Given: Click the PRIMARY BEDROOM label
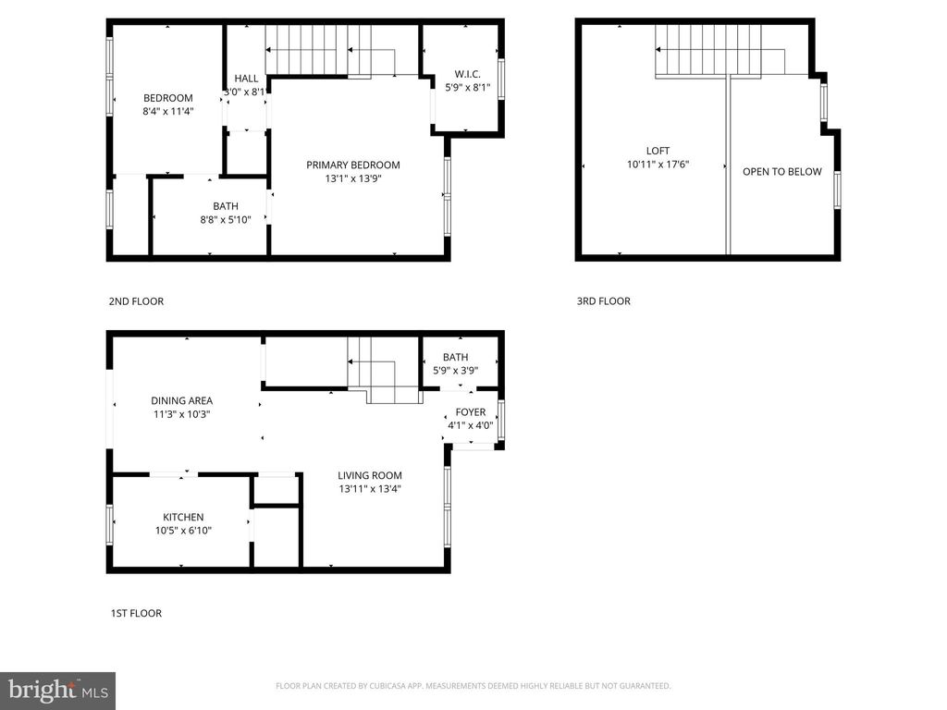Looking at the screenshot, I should point(353,165).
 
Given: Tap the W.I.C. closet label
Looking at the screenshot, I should point(467,74).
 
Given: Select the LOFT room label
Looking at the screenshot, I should point(658,151).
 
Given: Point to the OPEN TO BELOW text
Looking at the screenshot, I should point(781,171).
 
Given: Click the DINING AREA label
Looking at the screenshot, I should point(181,400).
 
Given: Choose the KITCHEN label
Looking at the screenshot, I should point(183,517).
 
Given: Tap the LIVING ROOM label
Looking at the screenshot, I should point(369,475).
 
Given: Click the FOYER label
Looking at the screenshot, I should point(470,412).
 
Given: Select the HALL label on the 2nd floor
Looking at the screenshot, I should point(246,79).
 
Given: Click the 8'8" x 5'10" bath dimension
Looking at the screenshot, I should point(226,220).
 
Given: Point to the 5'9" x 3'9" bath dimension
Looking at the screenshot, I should point(455,371).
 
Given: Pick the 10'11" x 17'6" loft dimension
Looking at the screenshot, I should point(658,165).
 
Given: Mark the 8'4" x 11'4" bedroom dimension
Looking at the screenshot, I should point(167,112).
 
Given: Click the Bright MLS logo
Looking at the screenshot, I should point(56,690).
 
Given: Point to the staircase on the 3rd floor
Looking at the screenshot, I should point(708,51).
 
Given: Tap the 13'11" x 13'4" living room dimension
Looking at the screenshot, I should point(369,489).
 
